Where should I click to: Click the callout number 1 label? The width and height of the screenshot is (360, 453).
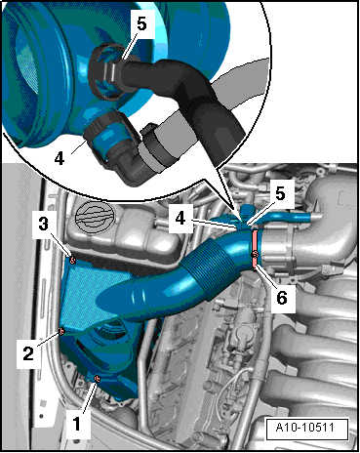click(77, 424)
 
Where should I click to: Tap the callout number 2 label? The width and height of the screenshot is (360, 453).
click(28, 353)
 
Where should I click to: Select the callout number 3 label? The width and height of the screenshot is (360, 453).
click(44, 225)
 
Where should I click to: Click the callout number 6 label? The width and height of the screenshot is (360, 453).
click(282, 298)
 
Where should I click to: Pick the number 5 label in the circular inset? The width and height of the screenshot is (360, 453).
click(141, 24)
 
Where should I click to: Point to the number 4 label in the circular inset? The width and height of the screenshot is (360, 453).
click(60, 158)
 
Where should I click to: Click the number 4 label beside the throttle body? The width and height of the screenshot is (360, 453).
click(180, 218)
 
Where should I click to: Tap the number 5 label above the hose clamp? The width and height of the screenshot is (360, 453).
click(280, 194)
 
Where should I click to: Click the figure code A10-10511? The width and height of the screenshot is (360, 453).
click(306, 427)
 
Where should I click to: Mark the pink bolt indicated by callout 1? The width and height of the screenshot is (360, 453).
click(97, 379)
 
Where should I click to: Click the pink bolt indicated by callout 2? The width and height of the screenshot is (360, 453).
click(61, 331)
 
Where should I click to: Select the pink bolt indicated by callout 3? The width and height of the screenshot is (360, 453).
click(72, 260)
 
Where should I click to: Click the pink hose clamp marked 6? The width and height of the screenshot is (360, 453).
click(255, 251)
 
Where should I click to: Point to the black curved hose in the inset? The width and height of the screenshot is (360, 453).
click(185, 96)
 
